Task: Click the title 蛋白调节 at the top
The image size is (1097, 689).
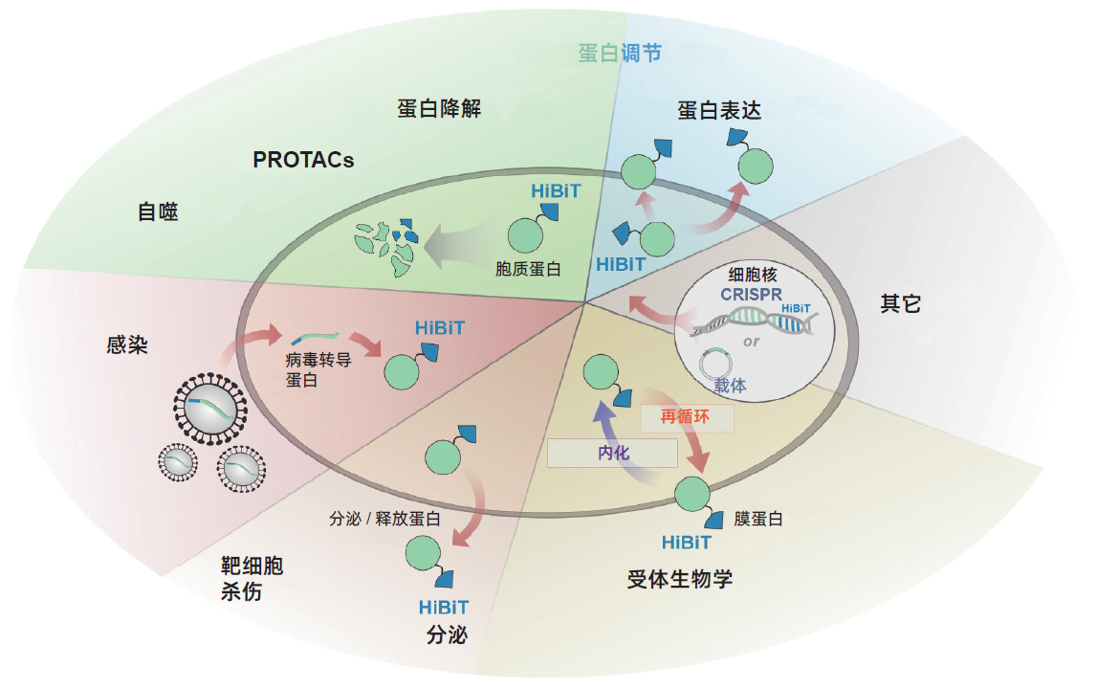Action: click(x=619, y=53)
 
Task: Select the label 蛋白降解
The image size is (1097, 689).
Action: click(x=439, y=108)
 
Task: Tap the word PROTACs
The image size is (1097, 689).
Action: click(x=303, y=160)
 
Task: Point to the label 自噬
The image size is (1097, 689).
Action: click(x=158, y=211)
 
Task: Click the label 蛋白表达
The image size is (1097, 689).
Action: click(x=718, y=110)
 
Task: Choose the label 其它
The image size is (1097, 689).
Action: click(x=900, y=303)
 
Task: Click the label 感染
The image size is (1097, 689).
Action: click(x=126, y=344)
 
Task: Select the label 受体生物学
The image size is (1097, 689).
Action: click(x=679, y=579)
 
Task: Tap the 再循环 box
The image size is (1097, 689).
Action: click(x=687, y=418)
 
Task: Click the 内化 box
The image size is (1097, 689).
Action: click(x=612, y=453)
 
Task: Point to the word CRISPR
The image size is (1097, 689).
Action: click(x=752, y=294)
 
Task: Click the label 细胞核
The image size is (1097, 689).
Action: click(x=753, y=275)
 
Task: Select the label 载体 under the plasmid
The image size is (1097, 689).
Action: click(x=730, y=385)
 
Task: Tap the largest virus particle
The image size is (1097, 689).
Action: click(x=210, y=409)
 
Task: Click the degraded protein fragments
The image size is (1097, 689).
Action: click(x=386, y=247)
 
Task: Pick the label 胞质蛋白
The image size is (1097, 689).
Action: click(x=528, y=269)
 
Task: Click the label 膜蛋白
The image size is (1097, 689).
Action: click(x=758, y=519)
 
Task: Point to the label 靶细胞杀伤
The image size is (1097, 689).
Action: click(x=252, y=578)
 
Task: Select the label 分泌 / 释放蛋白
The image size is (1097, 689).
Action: click(x=384, y=519)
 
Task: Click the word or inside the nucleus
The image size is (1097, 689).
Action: click(x=752, y=342)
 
